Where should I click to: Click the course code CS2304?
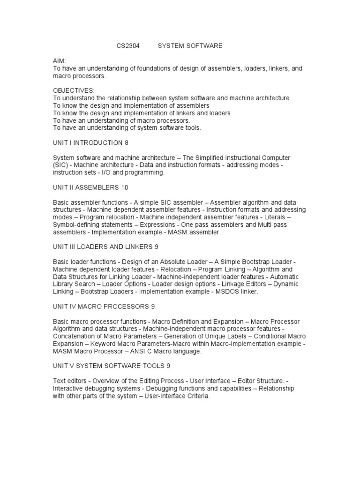(128, 46)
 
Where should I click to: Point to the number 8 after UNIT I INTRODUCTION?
(127, 142)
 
